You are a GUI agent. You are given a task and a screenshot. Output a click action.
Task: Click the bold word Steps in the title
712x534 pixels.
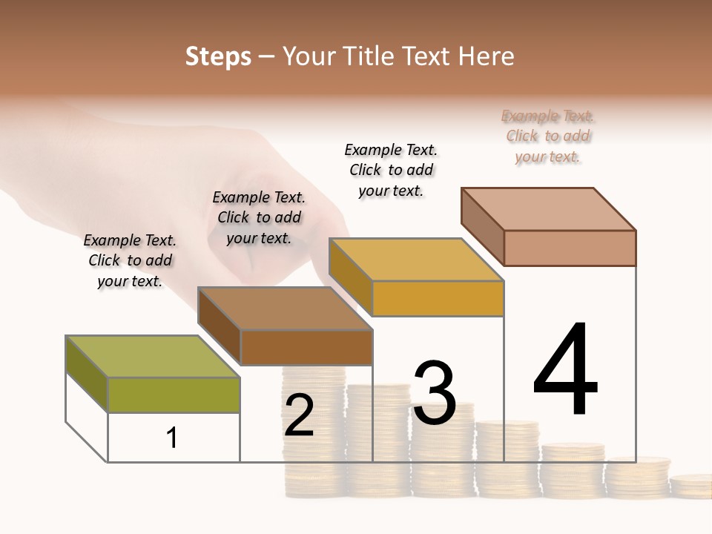(x=218, y=56)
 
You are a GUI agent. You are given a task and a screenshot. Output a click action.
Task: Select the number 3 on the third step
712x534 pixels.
(x=434, y=393)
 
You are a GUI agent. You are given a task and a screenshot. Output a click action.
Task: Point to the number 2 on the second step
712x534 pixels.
(x=299, y=415)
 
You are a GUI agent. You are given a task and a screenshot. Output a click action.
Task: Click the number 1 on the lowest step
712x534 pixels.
(x=172, y=438)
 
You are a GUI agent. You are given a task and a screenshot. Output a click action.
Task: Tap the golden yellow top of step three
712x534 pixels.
(x=416, y=260)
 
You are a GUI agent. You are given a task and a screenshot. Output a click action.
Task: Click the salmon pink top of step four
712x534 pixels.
(x=548, y=209)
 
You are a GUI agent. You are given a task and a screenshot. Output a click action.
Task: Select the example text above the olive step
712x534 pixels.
(x=130, y=260)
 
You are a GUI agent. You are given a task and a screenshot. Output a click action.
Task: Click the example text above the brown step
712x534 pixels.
(x=259, y=217)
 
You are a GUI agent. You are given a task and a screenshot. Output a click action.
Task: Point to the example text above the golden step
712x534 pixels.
(x=391, y=170)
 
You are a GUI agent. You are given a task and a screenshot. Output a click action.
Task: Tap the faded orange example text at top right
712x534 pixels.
(x=548, y=136)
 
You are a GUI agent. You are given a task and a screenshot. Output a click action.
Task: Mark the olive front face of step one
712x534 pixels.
(x=174, y=395)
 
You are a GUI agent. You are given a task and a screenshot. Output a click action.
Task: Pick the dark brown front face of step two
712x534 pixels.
(x=306, y=347)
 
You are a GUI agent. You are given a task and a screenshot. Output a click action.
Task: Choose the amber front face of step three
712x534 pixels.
(x=438, y=298)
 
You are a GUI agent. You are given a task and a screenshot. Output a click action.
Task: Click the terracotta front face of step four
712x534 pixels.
(x=570, y=248)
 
